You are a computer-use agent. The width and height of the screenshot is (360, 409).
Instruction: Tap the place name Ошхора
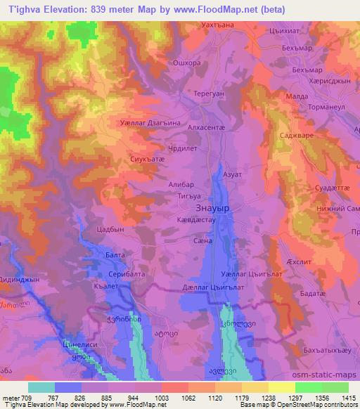point(186,63)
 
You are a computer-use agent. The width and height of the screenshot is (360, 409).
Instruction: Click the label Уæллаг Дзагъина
point(150,122)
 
